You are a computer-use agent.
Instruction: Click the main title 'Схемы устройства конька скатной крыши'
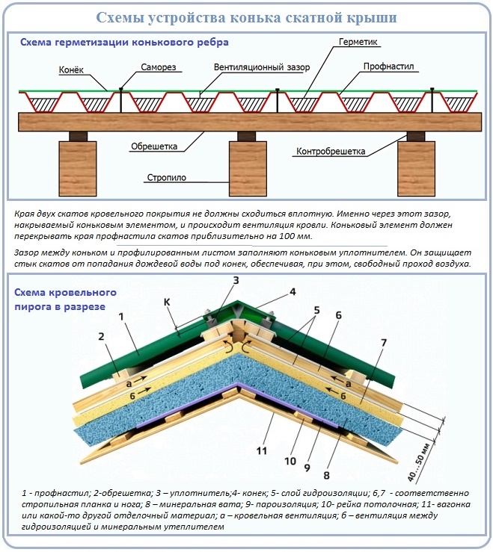coord(247,17)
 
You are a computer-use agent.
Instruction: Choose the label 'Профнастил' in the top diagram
coord(388,66)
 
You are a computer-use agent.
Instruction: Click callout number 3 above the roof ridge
coord(235,281)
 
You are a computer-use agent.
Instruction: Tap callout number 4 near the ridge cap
coord(293,292)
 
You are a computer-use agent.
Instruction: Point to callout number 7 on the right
coord(383,343)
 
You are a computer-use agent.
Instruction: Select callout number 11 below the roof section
coord(262,451)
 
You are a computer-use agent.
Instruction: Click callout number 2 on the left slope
coord(101,337)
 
